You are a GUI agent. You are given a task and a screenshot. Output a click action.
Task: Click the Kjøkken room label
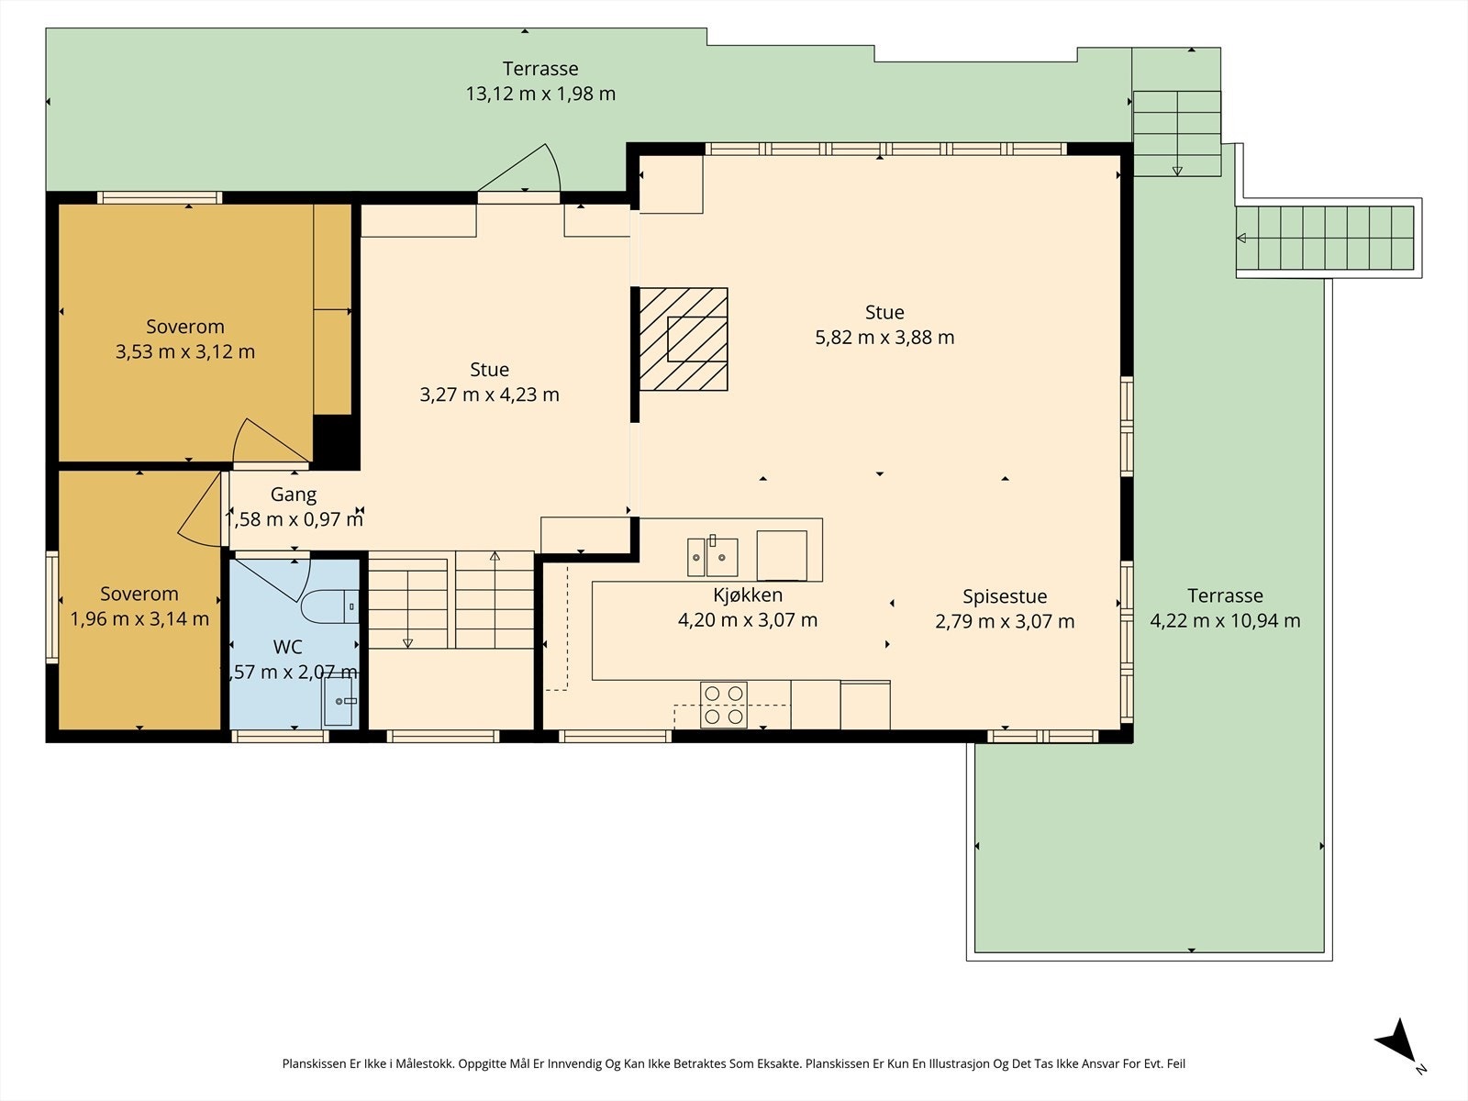(747, 595)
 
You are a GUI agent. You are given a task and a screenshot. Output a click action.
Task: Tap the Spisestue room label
(1005, 595)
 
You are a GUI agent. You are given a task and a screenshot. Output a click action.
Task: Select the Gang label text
(293, 495)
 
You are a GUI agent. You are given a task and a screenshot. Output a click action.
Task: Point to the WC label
(287, 647)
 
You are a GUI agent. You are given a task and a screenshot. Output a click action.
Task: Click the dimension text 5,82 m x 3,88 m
(884, 337)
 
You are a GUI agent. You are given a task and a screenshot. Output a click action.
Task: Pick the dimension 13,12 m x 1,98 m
(540, 94)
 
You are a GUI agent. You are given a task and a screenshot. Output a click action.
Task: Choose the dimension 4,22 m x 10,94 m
(1225, 620)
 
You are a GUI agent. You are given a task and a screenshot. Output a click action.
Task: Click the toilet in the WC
(329, 607)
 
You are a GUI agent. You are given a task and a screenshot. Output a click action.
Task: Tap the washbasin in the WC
(339, 701)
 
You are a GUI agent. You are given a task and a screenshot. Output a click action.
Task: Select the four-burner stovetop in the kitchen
(724, 705)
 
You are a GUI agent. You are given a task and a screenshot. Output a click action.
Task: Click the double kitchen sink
(712, 556)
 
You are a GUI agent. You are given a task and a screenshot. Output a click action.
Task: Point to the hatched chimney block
(684, 339)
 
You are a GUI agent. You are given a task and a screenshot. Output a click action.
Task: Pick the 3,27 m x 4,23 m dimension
(490, 395)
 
